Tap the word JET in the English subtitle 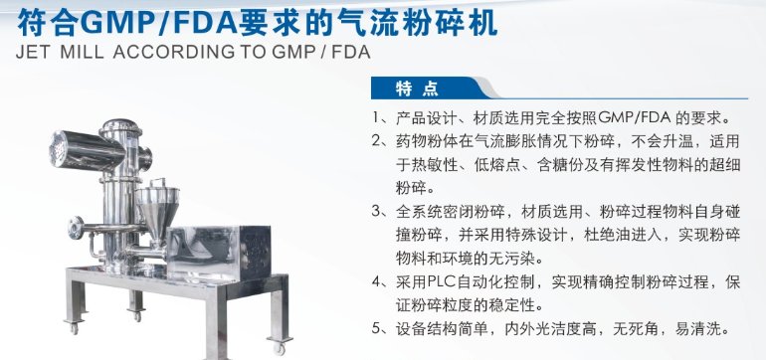pos(33,52)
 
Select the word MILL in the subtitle pos(82,52)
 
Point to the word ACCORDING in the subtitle pos(175,52)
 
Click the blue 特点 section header pos(417,89)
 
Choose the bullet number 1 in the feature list pos(375,117)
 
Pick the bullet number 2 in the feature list pos(376,141)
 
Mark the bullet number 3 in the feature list pos(376,211)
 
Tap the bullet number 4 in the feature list pos(376,281)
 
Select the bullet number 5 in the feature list pos(376,328)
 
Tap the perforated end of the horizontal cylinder pos(59,149)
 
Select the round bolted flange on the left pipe pos(76,228)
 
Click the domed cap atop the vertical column pos(120,127)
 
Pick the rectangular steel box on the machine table pos(218,253)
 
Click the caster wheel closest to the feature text pos(279,348)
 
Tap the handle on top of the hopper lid pos(157,183)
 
